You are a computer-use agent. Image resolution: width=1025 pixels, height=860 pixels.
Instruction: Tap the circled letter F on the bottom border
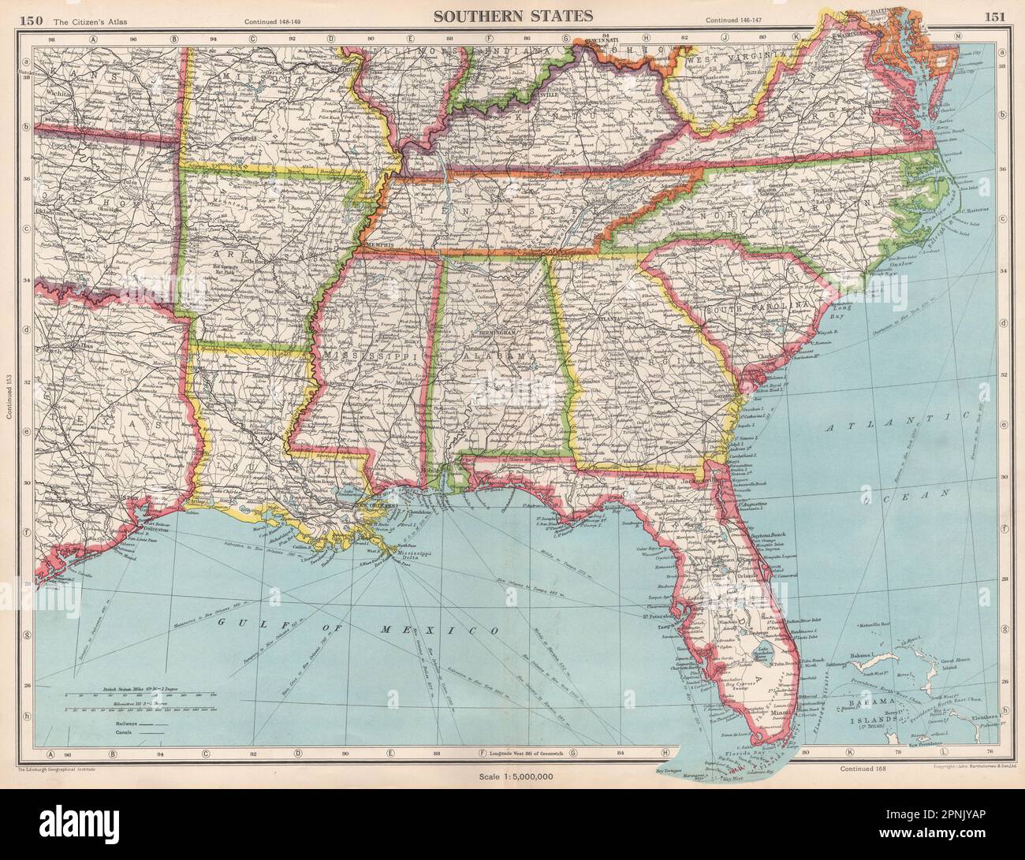tap(481, 754)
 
